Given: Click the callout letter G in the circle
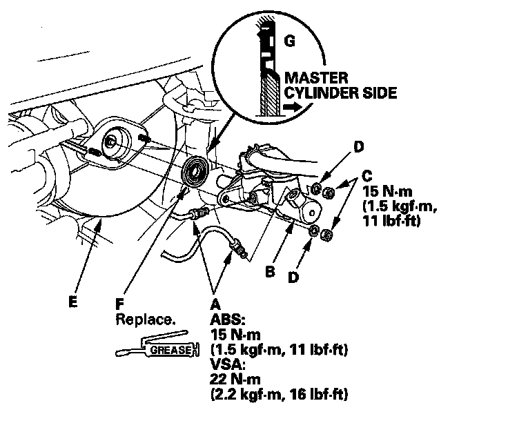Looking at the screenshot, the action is point(289,41).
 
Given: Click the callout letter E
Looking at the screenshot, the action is point(73,302).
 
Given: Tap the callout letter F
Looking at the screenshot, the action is point(119,304).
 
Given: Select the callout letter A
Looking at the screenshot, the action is point(215,304).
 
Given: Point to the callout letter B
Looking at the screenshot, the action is point(270,271).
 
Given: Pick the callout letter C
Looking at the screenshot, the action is point(367,176).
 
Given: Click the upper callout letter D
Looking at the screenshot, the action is point(358,147).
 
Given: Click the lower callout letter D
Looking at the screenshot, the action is point(293,277).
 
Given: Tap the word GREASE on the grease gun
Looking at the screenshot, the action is point(171,350).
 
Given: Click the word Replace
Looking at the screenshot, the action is point(146,320).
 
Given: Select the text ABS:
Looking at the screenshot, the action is point(228,320).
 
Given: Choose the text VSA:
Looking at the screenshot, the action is point(228,364).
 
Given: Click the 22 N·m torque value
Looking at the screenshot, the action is point(235,379).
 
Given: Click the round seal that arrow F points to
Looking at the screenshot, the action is point(195,172).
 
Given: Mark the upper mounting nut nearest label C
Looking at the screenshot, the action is point(328,193).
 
